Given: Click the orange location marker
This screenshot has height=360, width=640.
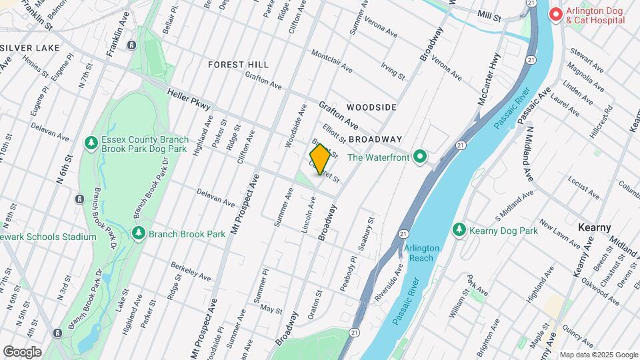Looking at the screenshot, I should tap(320, 159).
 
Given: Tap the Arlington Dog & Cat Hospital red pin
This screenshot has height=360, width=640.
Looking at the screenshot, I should tap(555, 14).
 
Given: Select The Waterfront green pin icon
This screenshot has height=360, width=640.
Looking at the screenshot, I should tap(419, 157).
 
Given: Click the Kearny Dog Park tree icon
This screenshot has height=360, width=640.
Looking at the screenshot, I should tap(459, 230).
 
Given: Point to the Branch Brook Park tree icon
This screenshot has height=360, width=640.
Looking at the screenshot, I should tap(138, 233).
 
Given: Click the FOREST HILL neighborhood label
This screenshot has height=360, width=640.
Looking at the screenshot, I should tap(238, 65).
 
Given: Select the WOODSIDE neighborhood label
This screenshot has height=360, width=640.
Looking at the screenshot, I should tap(371, 107).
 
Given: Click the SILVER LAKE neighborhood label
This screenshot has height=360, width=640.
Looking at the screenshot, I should tap(31, 48).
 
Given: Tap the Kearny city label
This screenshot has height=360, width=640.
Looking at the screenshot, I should tap(595, 227).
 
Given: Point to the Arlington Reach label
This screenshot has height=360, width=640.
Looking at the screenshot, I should tap(421, 253).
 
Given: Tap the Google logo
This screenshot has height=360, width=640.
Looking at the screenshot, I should tap(22, 351).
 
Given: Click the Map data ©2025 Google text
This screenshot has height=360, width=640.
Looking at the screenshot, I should tap(599, 355).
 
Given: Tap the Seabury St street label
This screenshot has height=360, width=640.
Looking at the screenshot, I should tap(363, 233).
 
